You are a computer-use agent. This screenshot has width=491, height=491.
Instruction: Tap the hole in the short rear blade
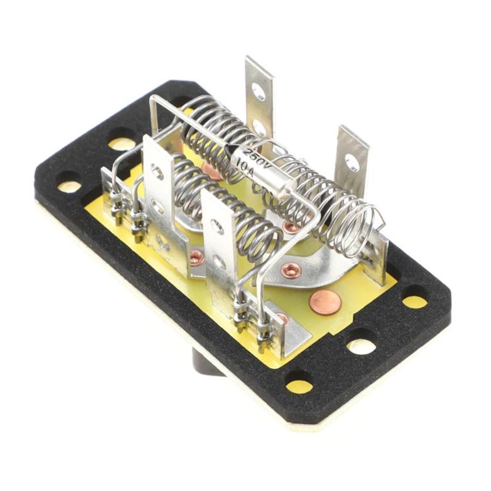352,162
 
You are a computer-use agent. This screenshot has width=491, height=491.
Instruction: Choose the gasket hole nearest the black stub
299,385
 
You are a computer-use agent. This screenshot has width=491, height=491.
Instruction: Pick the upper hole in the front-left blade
157,171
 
